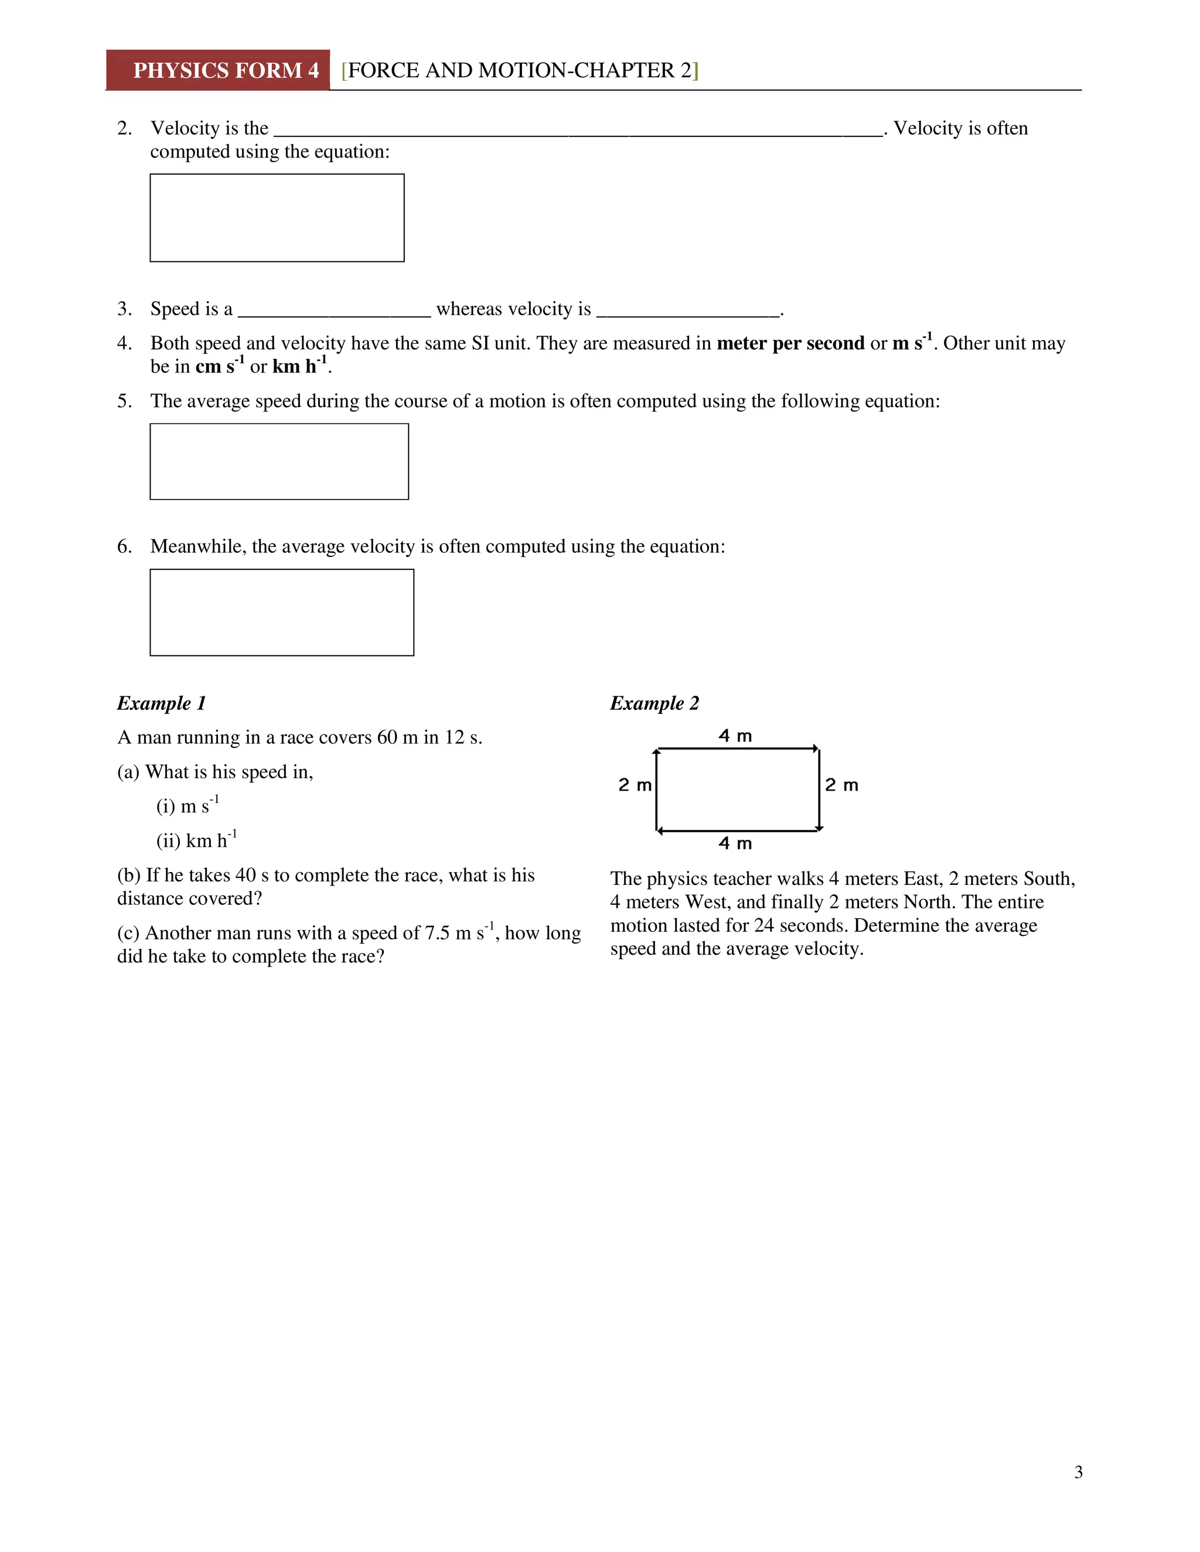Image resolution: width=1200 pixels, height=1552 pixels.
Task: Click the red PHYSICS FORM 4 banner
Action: [218, 70]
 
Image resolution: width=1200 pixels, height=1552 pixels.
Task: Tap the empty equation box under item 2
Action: [277, 217]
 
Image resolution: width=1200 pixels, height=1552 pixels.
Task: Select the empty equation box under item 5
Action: [279, 461]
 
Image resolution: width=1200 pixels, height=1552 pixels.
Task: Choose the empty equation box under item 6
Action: [281, 612]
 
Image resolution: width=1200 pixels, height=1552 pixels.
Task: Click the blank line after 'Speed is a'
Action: [334, 310]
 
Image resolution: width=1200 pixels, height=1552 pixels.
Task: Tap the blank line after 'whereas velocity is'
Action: [687, 310]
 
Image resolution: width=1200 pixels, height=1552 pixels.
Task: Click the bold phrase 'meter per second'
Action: [790, 343]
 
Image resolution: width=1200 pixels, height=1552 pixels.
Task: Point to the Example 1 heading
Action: [161, 703]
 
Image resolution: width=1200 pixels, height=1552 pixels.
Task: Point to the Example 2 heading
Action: [654, 703]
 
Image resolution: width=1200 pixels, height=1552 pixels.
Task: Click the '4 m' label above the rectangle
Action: [734, 736]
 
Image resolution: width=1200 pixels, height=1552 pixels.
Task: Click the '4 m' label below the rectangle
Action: [734, 843]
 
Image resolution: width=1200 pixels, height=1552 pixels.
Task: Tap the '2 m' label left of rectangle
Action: [634, 785]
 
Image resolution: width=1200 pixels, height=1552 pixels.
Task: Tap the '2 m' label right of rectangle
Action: [841, 785]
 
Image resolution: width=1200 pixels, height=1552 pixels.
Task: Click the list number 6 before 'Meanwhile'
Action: [124, 546]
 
